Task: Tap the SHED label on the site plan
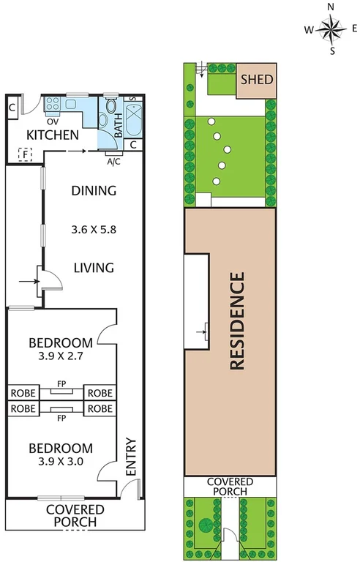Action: click(256, 79)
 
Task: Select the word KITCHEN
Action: click(53, 135)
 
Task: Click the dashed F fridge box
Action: click(26, 154)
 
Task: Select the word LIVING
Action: click(94, 268)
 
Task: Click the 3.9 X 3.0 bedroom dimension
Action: click(61, 462)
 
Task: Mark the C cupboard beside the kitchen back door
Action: click(13, 108)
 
